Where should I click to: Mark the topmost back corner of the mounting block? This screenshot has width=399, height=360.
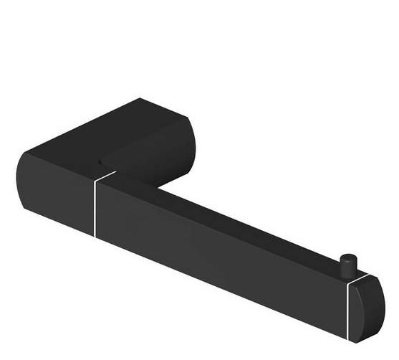point(140,99)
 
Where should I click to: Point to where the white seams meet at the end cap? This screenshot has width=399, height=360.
point(347,283)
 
